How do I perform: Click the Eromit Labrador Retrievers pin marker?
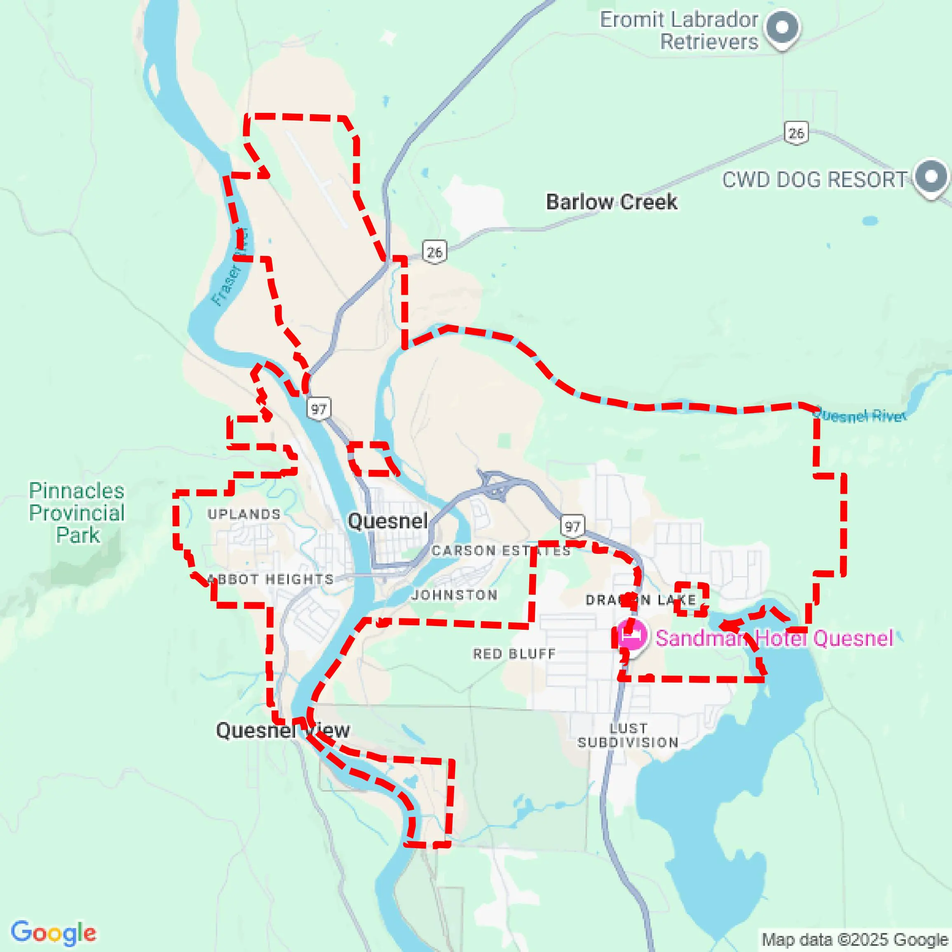[x=782, y=28]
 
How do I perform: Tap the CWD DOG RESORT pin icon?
[x=930, y=177]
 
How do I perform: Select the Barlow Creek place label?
[x=612, y=202]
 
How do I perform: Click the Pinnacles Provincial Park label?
[x=77, y=513]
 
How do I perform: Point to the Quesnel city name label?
[x=387, y=521]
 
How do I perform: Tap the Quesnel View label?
[x=283, y=730]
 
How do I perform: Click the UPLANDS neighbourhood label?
[x=244, y=514]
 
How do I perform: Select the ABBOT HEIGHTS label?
[x=270, y=579]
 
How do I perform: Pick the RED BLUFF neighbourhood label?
[x=514, y=654]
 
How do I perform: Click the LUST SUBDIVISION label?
[x=628, y=735]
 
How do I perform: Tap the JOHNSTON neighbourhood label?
[x=454, y=595]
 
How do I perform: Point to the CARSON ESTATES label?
[x=501, y=551]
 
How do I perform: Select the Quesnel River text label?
[x=859, y=416]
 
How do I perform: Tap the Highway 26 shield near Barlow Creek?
[x=434, y=252]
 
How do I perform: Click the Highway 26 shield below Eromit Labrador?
[x=796, y=133]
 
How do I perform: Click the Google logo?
[x=53, y=932]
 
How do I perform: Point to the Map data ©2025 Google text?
[x=856, y=940]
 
